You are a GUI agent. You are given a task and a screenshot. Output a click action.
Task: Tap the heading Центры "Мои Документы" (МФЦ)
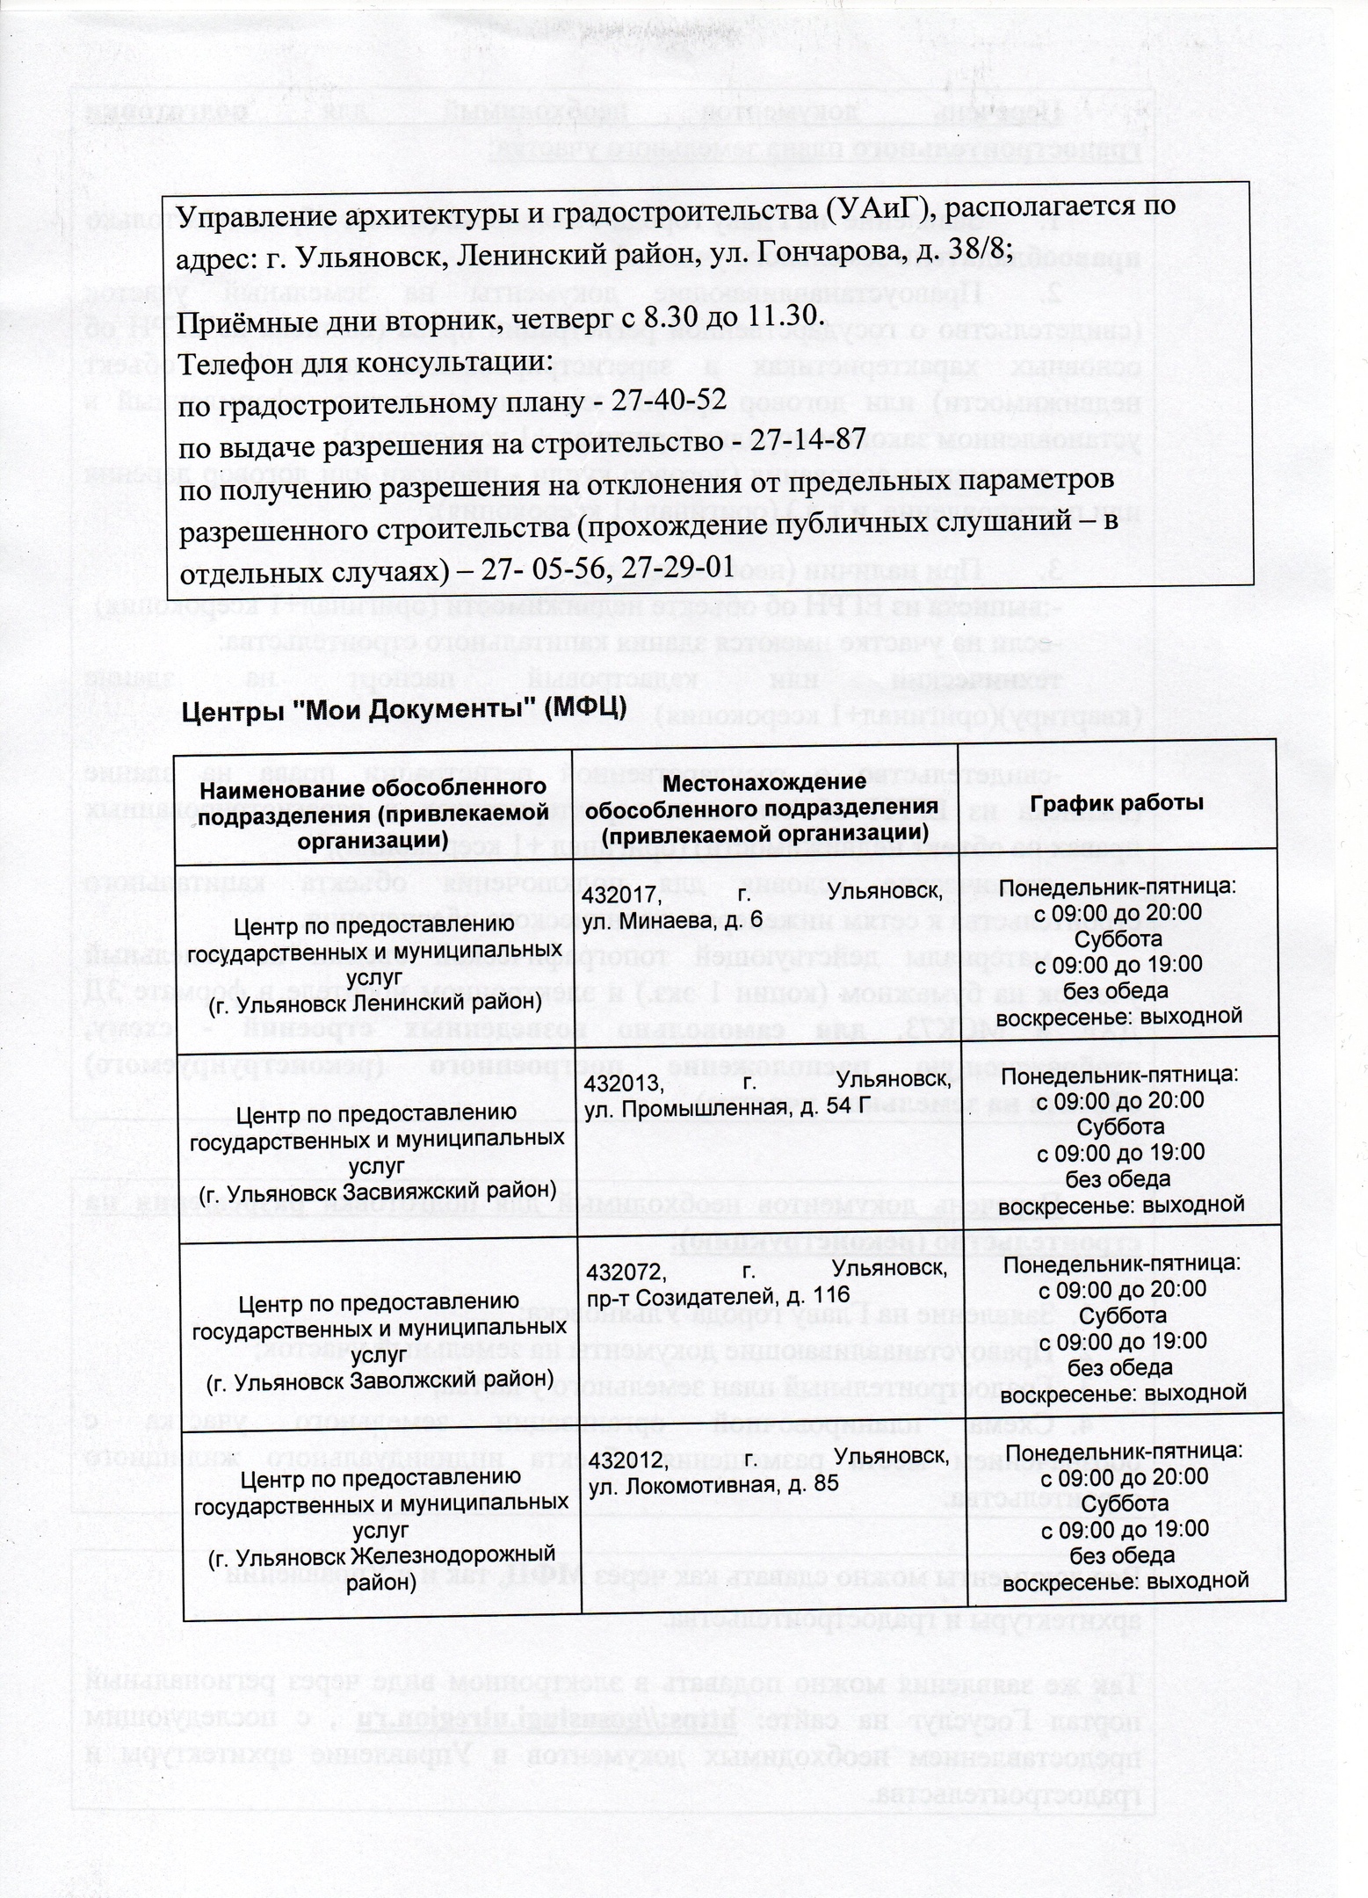click(402, 709)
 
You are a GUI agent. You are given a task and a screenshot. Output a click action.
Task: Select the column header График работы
click(1117, 803)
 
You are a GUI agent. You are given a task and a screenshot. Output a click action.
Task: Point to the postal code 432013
click(625, 1083)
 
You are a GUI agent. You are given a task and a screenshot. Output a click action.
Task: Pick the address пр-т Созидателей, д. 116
click(718, 1297)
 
